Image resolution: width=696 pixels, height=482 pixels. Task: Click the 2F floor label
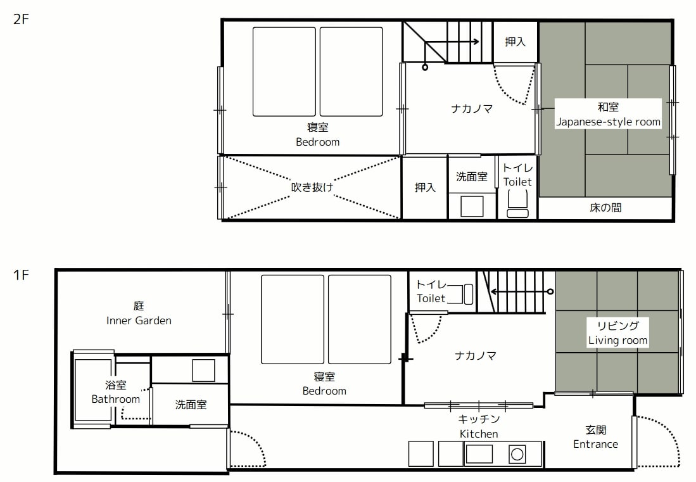click(22, 18)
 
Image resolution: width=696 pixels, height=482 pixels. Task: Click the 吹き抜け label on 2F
click(312, 187)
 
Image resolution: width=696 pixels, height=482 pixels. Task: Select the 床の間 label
click(605, 207)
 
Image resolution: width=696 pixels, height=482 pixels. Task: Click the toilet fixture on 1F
click(467, 295)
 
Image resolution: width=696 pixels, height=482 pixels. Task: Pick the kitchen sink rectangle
click(479, 453)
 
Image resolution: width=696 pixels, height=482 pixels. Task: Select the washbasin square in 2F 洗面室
click(471, 206)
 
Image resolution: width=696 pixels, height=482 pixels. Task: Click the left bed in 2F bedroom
click(284, 72)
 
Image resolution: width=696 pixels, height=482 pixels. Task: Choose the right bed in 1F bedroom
click(360, 319)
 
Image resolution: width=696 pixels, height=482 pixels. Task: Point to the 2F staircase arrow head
click(476, 42)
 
